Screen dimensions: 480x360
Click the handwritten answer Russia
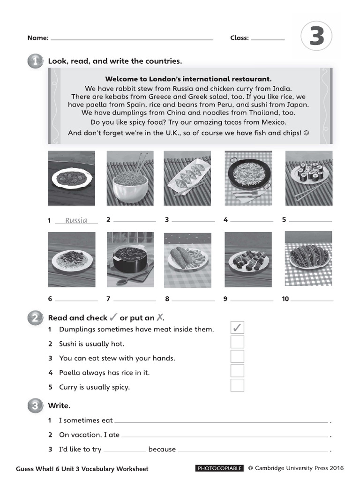(x=76, y=220)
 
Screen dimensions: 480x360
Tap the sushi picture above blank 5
(x=308, y=178)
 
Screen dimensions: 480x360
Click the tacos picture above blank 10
(x=308, y=259)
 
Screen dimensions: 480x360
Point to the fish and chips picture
(x=187, y=259)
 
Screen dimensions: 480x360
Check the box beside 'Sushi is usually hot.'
(x=237, y=342)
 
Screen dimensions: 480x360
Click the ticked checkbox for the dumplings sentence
(x=237, y=328)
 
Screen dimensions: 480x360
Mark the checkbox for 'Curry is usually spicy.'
(x=237, y=386)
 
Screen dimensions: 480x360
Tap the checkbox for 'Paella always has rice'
(x=237, y=371)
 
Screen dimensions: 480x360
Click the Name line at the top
(x=131, y=39)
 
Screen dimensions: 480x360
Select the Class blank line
(x=268, y=39)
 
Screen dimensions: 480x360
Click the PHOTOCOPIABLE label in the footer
(x=219, y=468)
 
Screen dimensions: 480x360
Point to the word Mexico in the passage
(x=272, y=122)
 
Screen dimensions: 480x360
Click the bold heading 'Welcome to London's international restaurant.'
(x=188, y=79)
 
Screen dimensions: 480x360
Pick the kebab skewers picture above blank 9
(x=248, y=259)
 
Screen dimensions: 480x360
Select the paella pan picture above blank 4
(x=248, y=178)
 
